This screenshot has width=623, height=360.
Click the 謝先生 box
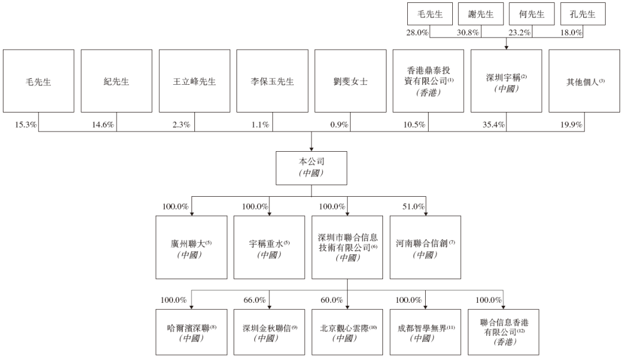click(481, 14)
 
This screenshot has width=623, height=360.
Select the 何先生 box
click(532, 14)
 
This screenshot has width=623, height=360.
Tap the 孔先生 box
click(583, 14)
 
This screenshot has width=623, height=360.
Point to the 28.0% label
click(417, 32)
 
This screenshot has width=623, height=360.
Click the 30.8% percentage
click(468, 32)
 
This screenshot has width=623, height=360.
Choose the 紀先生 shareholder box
click(117, 81)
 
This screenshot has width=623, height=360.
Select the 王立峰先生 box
click(195, 81)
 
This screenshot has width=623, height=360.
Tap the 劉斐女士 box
click(351, 81)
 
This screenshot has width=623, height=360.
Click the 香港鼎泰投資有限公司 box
click(428, 81)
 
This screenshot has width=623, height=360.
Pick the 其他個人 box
click(584, 81)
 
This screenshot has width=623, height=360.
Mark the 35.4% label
click(493, 125)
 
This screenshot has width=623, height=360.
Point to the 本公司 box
click(311, 168)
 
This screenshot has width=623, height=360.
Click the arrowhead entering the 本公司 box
click(311, 149)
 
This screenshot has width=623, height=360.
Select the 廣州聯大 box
click(192, 247)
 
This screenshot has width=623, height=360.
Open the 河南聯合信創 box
click(426, 247)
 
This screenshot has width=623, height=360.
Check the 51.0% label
click(414, 207)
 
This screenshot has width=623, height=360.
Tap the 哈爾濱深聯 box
click(192, 332)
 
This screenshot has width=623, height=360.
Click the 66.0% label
click(255, 301)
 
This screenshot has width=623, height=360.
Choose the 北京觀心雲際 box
click(347, 332)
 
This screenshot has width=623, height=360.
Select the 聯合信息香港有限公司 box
click(504, 332)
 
